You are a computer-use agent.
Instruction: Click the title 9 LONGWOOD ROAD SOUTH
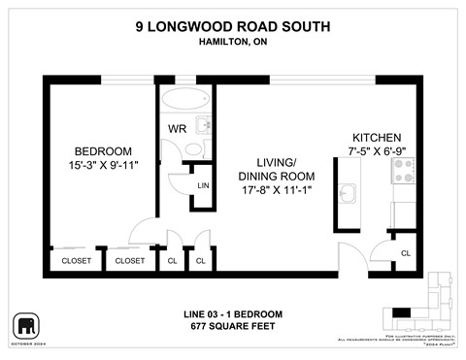coord(232,28)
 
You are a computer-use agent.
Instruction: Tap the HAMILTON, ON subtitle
coord(232,42)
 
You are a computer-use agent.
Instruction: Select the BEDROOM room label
coord(103,150)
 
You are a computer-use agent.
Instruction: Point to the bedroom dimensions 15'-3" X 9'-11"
coord(103,165)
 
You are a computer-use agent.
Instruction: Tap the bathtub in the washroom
coord(186,100)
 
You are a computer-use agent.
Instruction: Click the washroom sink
coord(204,126)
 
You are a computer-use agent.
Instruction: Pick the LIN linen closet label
coord(203,185)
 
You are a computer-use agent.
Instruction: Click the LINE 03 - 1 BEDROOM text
coord(232,313)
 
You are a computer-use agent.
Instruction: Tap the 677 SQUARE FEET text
coord(232,326)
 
